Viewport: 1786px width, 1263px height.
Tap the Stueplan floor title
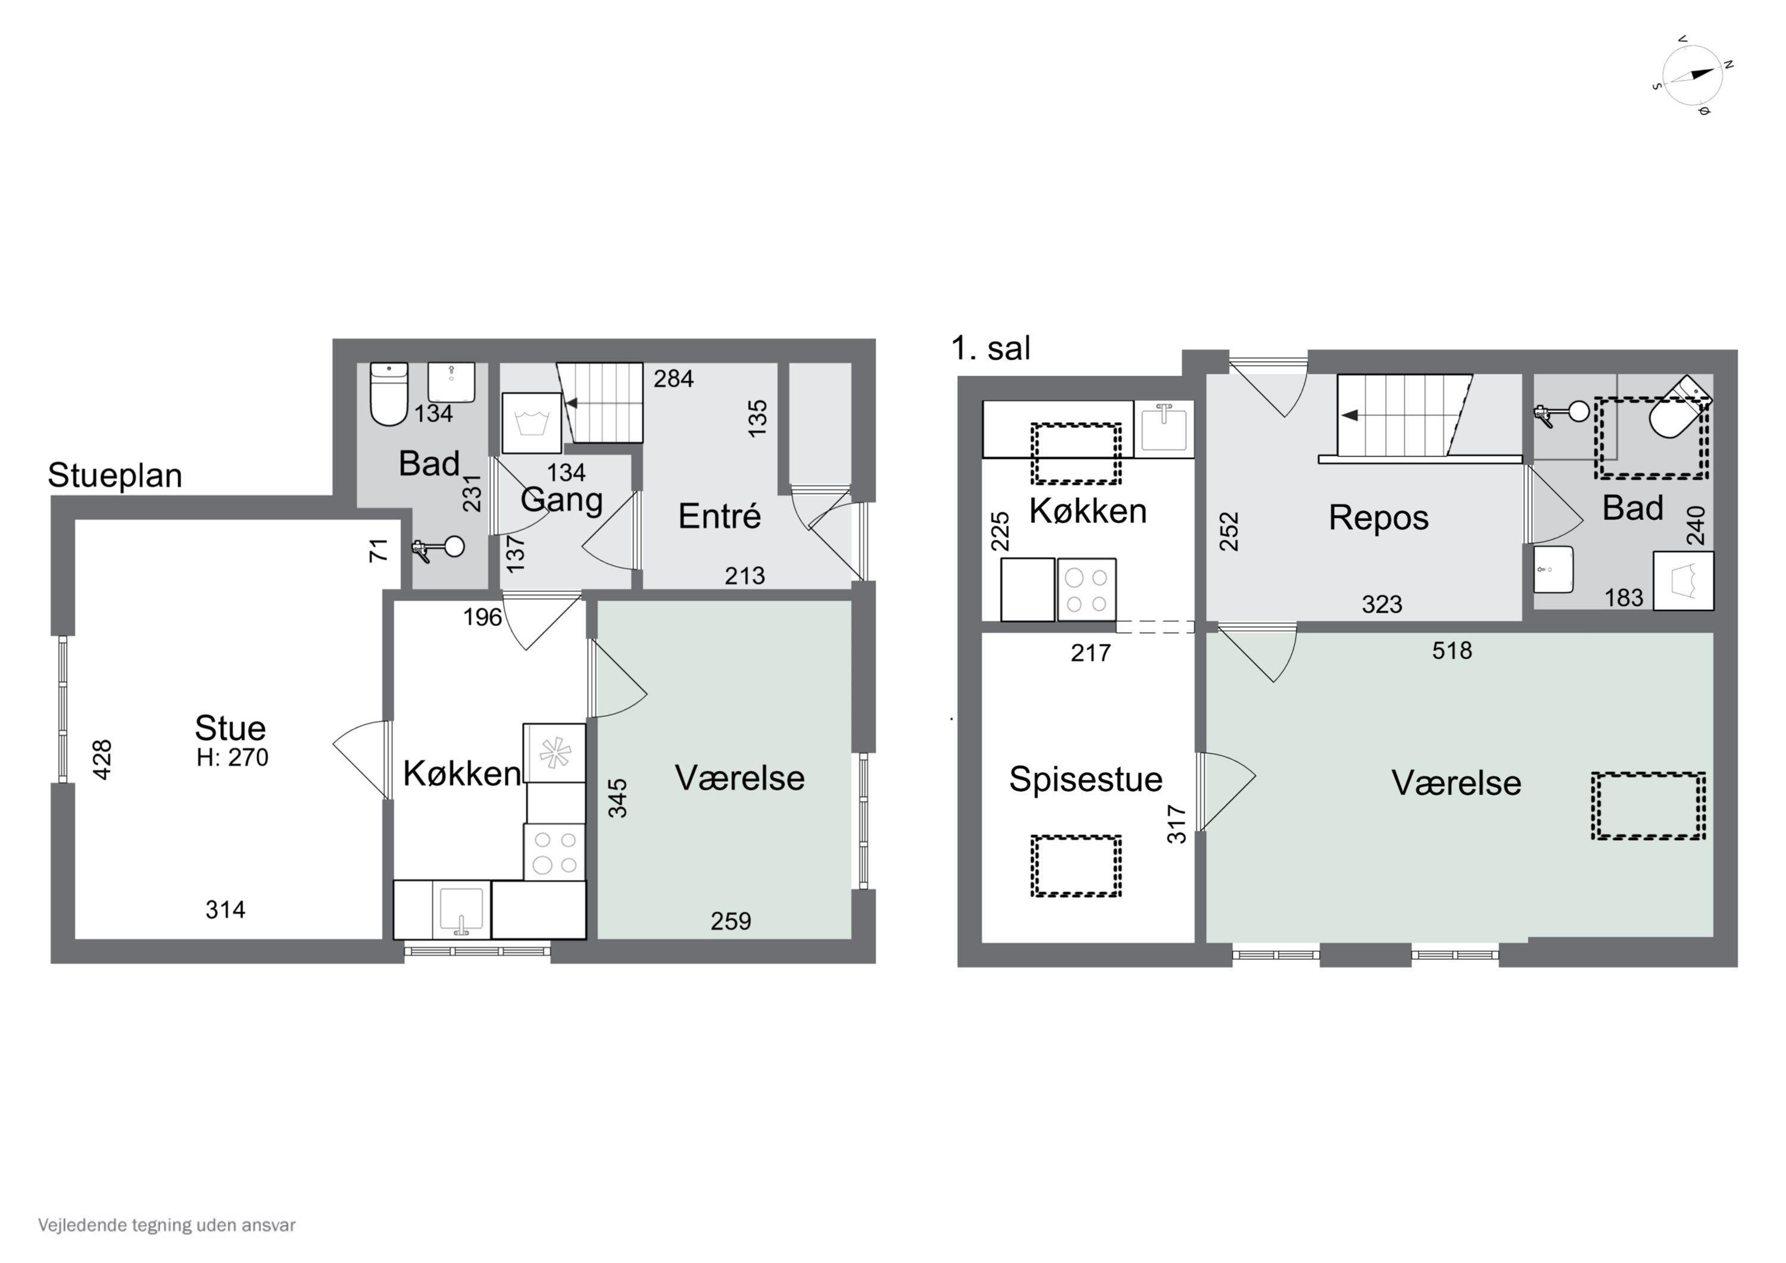click(x=115, y=475)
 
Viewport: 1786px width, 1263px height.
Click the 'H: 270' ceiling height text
click(x=233, y=757)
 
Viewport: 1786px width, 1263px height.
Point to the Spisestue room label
click(x=1086, y=779)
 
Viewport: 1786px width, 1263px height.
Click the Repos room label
click(x=1378, y=518)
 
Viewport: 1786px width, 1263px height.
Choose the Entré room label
click(x=720, y=515)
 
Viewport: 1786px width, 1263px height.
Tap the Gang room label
click(x=561, y=500)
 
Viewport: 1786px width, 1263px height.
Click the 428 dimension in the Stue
click(x=102, y=759)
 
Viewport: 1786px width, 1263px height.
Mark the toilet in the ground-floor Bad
click(x=389, y=394)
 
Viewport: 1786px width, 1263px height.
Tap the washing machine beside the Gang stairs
click(x=532, y=423)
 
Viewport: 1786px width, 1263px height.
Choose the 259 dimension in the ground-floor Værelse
click(x=731, y=921)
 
